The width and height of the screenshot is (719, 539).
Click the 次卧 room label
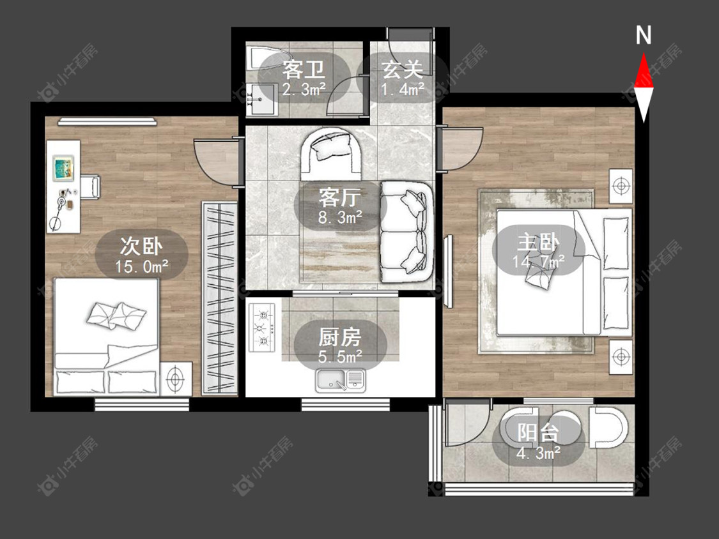[x=141, y=247]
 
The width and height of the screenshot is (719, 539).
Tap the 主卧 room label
[x=538, y=241]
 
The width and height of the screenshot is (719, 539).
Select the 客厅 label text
[x=340, y=198]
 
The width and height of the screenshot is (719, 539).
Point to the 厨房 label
[x=340, y=338]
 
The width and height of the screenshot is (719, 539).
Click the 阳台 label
[x=538, y=432]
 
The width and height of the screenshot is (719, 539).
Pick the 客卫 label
[x=304, y=70]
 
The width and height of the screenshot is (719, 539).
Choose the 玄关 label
[x=402, y=70]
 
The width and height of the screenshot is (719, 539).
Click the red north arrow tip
[x=644, y=53]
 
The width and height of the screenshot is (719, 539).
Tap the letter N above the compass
[x=644, y=35]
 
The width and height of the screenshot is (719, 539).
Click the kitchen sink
[x=341, y=380]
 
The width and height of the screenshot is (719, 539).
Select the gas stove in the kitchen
[x=262, y=328]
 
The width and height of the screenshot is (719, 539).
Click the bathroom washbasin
[x=262, y=99]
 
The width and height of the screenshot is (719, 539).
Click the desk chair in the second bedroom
[x=90, y=188]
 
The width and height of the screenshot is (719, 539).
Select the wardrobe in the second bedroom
[x=220, y=298]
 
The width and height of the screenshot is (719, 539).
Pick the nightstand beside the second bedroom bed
[x=176, y=378]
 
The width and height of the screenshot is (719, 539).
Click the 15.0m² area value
[x=141, y=266]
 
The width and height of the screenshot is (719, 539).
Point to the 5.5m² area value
[x=340, y=356]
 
